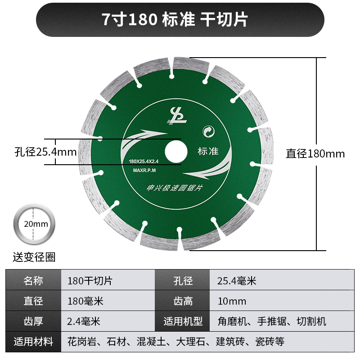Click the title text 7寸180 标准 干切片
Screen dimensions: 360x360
pyautogui.click(x=180, y=21)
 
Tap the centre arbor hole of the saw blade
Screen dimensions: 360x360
pyautogui.click(x=176, y=152)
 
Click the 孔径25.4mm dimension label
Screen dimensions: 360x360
pyautogui.click(x=45, y=152)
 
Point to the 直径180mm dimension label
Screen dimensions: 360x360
pyautogui.click(x=315, y=153)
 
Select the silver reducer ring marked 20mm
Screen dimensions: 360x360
pyautogui.click(x=34, y=224)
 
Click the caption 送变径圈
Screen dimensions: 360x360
pyautogui.click(x=34, y=257)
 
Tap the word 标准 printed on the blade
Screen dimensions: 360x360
pyautogui.click(x=208, y=151)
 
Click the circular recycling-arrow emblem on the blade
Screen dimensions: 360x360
pyautogui.click(x=208, y=131)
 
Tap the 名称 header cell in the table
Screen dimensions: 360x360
pyautogui.click(x=33, y=281)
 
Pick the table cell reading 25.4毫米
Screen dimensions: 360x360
pyautogui.click(x=237, y=281)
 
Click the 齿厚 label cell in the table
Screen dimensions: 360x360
pyautogui.click(x=33, y=321)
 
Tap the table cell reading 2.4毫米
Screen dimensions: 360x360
pyautogui.click(x=83, y=321)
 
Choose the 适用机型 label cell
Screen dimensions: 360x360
pyautogui.click(x=183, y=321)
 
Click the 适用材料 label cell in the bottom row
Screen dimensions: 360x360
pyautogui.click(x=33, y=342)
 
